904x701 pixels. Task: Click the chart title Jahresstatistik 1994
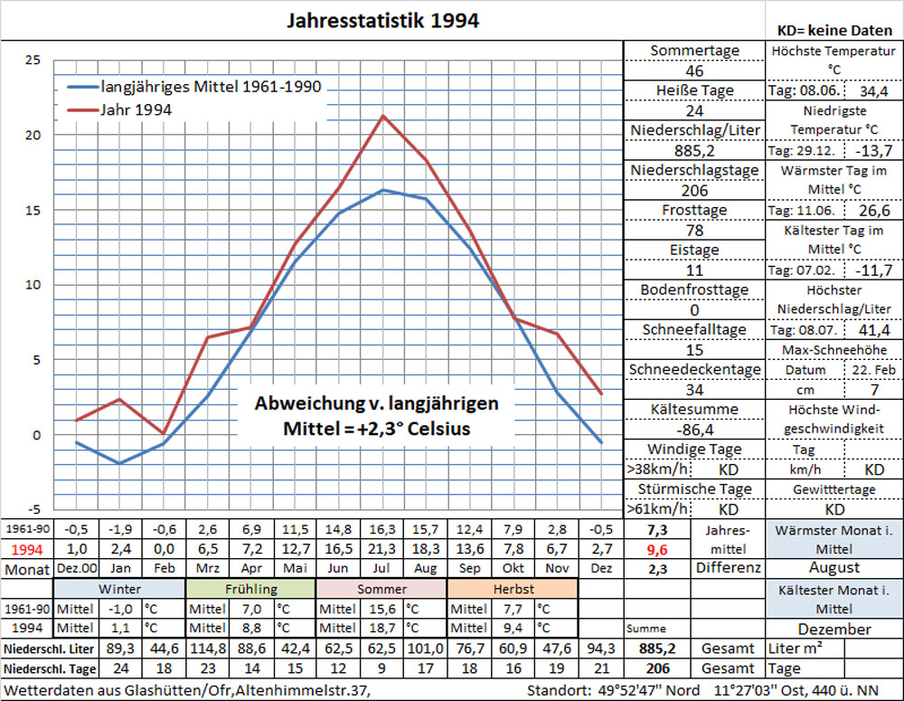click(382, 20)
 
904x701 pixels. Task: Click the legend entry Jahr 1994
click(137, 109)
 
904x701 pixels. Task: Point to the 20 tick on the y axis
click(33, 135)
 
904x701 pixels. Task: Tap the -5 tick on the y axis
click(33, 509)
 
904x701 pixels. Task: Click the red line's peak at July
click(384, 116)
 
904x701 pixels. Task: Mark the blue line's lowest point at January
click(120, 463)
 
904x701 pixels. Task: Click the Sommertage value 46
click(694, 71)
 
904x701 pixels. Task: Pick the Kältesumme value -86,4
click(694, 429)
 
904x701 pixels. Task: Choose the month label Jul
click(383, 569)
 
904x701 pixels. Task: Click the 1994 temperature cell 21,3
click(383, 548)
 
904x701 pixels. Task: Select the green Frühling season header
click(251, 589)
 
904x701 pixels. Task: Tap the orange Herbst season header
click(512, 589)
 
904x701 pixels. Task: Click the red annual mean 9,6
click(657, 548)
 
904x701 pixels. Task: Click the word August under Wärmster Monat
click(833, 569)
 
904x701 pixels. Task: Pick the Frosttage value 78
click(694, 230)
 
